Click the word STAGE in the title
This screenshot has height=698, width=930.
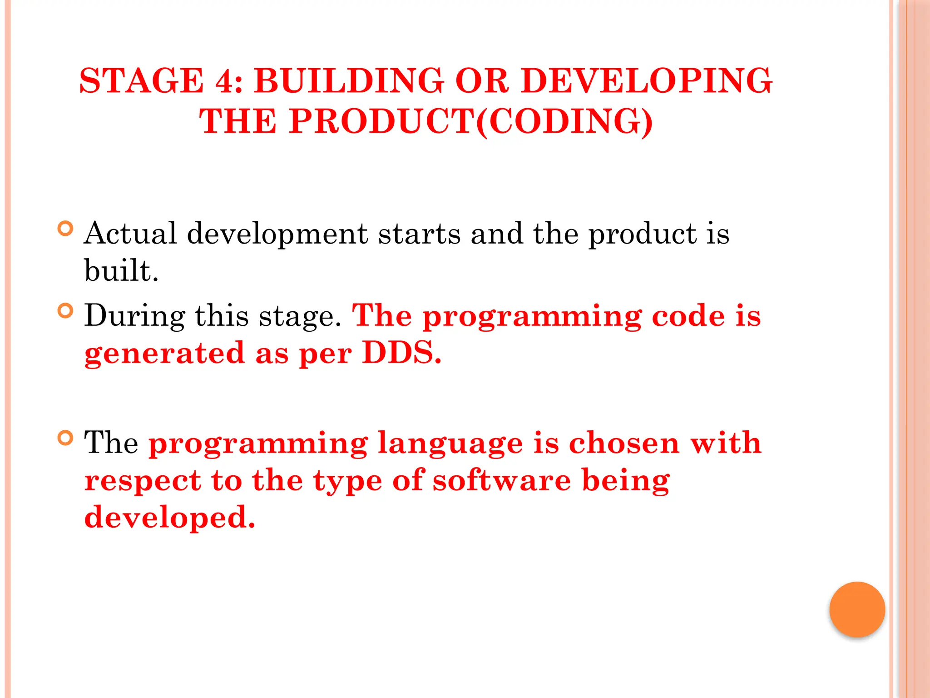pos(142,81)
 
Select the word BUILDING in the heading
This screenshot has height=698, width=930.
pos(348,81)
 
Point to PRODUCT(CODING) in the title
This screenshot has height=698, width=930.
pos(471,121)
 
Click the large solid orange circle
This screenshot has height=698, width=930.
pos(857,609)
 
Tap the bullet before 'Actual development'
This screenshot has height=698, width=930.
pos(66,228)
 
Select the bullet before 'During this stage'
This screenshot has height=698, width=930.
pos(66,310)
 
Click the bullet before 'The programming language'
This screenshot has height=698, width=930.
pos(66,438)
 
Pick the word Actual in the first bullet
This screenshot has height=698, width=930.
pos(130,234)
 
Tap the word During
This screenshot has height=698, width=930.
pos(135,316)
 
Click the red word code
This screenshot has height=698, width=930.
pos(688,316)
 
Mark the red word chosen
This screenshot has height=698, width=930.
pos(624,443)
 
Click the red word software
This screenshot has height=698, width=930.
pos(501,481)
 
